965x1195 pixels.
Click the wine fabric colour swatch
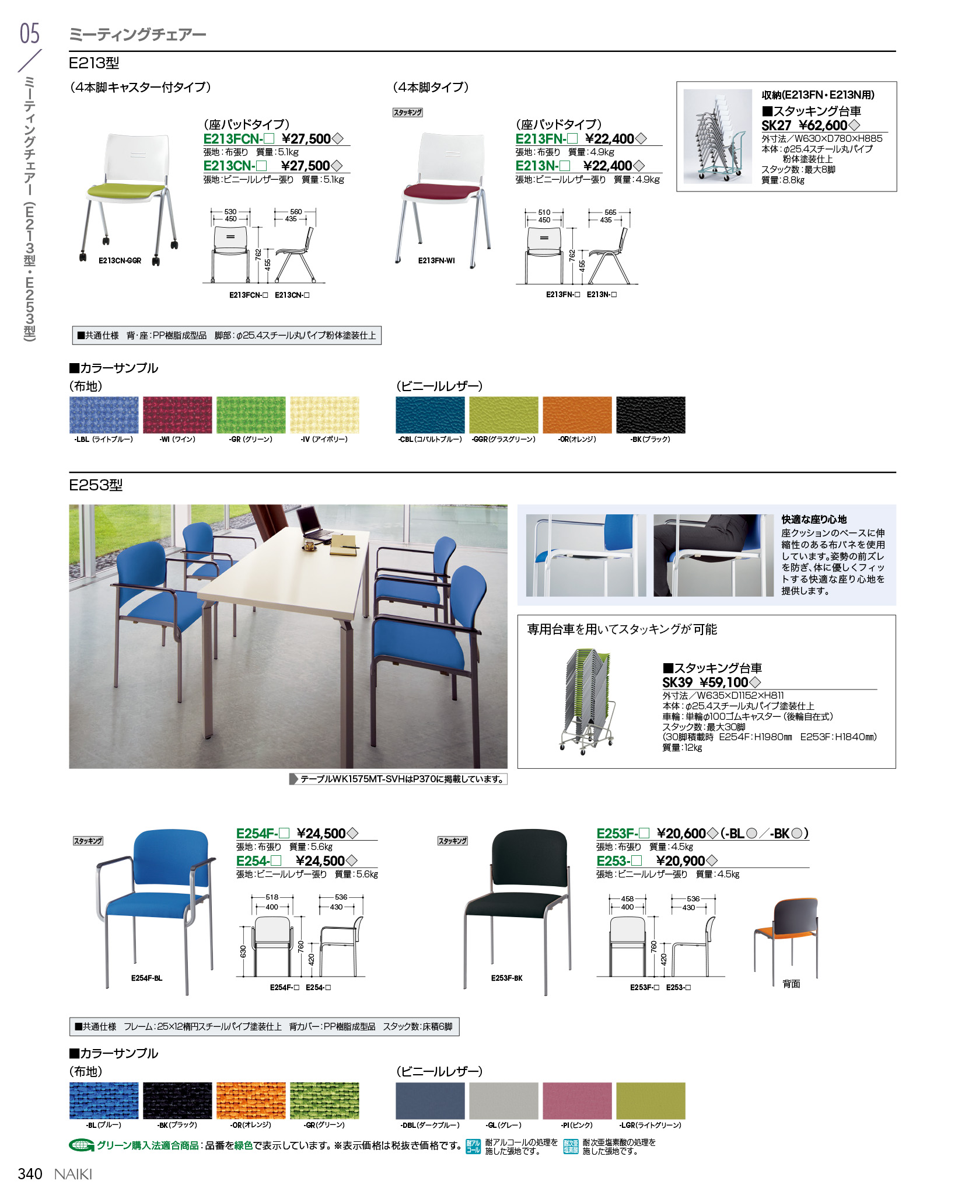tap(177, 414)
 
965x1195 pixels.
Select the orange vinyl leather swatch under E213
tap(577, 414)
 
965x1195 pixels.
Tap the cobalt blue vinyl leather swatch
tap(430, 414)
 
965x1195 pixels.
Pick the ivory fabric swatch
tap(324, 414)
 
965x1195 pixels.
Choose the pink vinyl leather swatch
tap(577, 1100)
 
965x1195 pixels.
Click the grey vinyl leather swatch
tap(504, 1100)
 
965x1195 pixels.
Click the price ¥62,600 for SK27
tap(823, 126)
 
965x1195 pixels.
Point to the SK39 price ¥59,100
tap(723, 682)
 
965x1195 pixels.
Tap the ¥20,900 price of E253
tap(680, 861)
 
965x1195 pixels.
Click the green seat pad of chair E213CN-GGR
tap(126, 190)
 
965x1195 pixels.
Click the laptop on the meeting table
tap(314, 523)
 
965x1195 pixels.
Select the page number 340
tap(30, 1174)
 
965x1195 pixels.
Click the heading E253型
tap(96, 485)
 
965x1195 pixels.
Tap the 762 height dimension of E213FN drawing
tap(572, 255)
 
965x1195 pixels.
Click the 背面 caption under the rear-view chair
tap(791, 984)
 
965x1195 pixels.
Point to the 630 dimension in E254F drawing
tap(243, 952)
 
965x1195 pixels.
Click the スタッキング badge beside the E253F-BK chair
tap(453, 841)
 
